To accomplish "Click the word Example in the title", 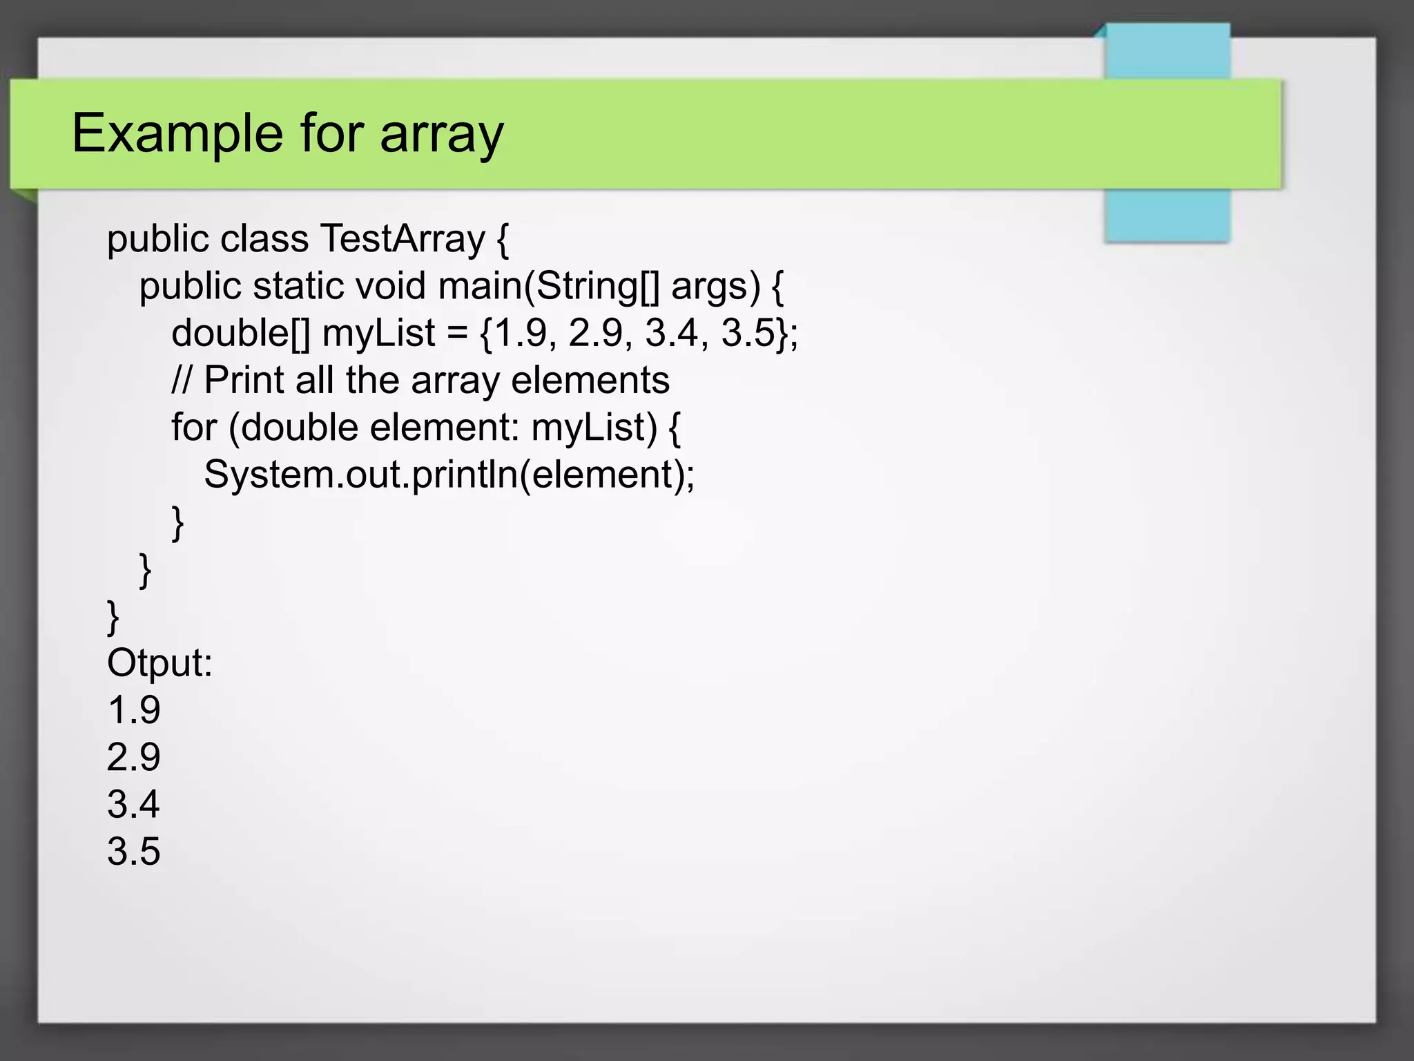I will click(177, 133).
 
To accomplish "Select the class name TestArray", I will click(403, 239).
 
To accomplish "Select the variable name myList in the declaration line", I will click(378, 333).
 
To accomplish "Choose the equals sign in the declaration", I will click(456, 334).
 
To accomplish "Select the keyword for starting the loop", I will click(194, 427).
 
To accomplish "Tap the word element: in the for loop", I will click(444, 427).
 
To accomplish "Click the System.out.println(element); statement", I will click(449, 475).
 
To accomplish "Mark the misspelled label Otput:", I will click(159, 663).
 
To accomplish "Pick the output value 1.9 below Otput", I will click(134, 710).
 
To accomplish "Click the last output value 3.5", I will click(134, 851).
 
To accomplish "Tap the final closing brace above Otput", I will click(113, 616).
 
